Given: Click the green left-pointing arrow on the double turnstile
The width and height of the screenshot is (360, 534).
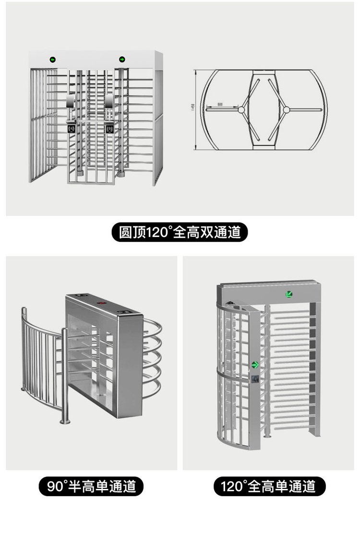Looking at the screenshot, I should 52,60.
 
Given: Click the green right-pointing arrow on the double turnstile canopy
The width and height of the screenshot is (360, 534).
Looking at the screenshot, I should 122,60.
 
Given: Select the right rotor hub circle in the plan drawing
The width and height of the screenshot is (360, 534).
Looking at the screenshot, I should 287,110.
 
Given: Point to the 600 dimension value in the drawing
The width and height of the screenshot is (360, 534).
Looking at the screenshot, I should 220,104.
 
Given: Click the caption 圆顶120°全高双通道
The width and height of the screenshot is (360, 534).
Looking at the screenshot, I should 180,233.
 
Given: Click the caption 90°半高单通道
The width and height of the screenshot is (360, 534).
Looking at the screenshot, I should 91,487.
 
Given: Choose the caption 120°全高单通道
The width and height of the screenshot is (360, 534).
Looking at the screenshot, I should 269,487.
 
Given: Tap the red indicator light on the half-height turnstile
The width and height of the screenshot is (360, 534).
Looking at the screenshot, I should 102,303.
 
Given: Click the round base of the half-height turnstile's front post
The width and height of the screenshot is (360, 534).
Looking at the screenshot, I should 64,422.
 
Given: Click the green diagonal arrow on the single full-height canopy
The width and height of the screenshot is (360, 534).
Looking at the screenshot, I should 289,294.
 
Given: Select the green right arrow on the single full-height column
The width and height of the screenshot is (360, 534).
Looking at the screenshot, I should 256,364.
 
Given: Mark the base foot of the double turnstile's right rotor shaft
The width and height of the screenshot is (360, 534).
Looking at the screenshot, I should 121,174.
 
